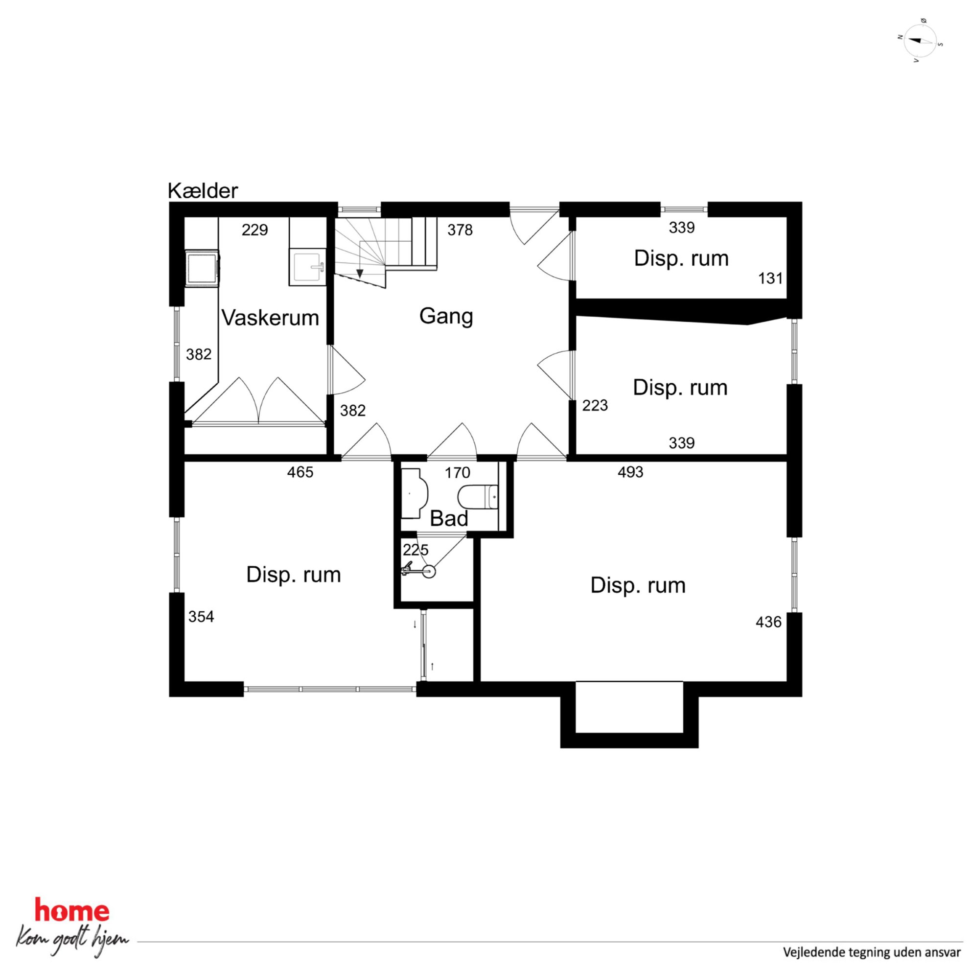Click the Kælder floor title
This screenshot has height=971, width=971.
(203, 191)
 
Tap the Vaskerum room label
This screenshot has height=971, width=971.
(270, 318)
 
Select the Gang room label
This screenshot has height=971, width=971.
(446, 317)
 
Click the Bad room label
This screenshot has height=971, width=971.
(449, 518)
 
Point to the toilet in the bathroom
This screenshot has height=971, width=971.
(478, 497)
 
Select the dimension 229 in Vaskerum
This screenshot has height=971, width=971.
(255, 230)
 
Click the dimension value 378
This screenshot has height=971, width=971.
(460, 230)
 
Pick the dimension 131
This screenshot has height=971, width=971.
(770, 278)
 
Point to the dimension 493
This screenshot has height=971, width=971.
(630, 472)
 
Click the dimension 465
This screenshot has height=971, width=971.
(300, 472)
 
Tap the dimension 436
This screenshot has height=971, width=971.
(768, 622)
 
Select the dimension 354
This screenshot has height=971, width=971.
(201, 617)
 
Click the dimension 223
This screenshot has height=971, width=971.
(595, 405)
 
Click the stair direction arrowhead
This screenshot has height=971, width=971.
(360, 274)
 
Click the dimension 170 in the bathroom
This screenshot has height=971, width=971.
(457, 472)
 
